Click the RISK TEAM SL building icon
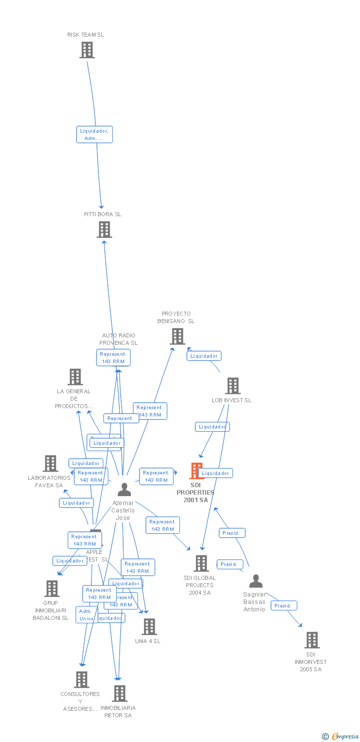(87, 50)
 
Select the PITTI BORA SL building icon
(104, 230)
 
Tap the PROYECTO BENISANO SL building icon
(177, 336)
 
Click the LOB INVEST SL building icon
(232, 386)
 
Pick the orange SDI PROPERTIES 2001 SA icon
(196, 471)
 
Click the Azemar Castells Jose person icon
(124, 490)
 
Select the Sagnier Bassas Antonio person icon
(255, 581)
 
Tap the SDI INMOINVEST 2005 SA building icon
(312, 640)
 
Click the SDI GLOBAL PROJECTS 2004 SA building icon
(201, 563)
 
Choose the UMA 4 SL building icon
(149, 627)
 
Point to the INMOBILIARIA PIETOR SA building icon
(119, 694)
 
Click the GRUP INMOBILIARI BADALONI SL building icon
(51, 589)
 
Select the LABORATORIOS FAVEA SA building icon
(50, 464)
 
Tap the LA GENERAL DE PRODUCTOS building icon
(75, 377)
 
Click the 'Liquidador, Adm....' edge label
(94, 135)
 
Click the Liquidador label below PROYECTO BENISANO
(204, 356)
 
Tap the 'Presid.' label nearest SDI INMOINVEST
(284, 605)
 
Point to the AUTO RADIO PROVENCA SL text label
(118, 339)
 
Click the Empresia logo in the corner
(340, 737)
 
